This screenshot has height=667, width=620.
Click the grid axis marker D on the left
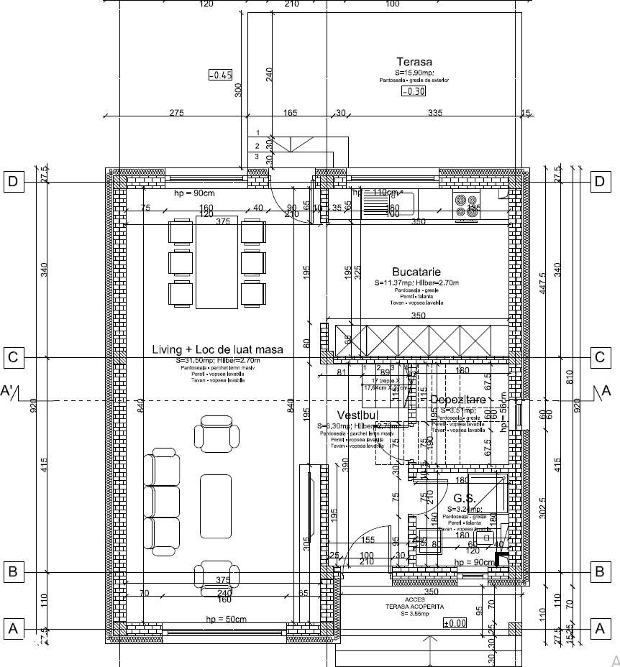(12, 181)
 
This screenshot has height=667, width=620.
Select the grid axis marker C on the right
(599, 356)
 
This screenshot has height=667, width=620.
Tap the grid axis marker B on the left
(12, 572)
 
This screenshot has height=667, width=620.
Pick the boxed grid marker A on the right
(599, 628)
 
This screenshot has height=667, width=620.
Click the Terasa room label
(414, 61)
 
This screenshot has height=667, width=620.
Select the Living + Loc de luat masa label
(217, 349)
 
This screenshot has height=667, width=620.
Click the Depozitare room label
(459, 399)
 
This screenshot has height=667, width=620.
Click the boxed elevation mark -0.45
(220, 75)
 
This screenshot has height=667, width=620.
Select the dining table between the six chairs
(217, 262)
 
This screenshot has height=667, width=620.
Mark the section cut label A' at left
(9, 391)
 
